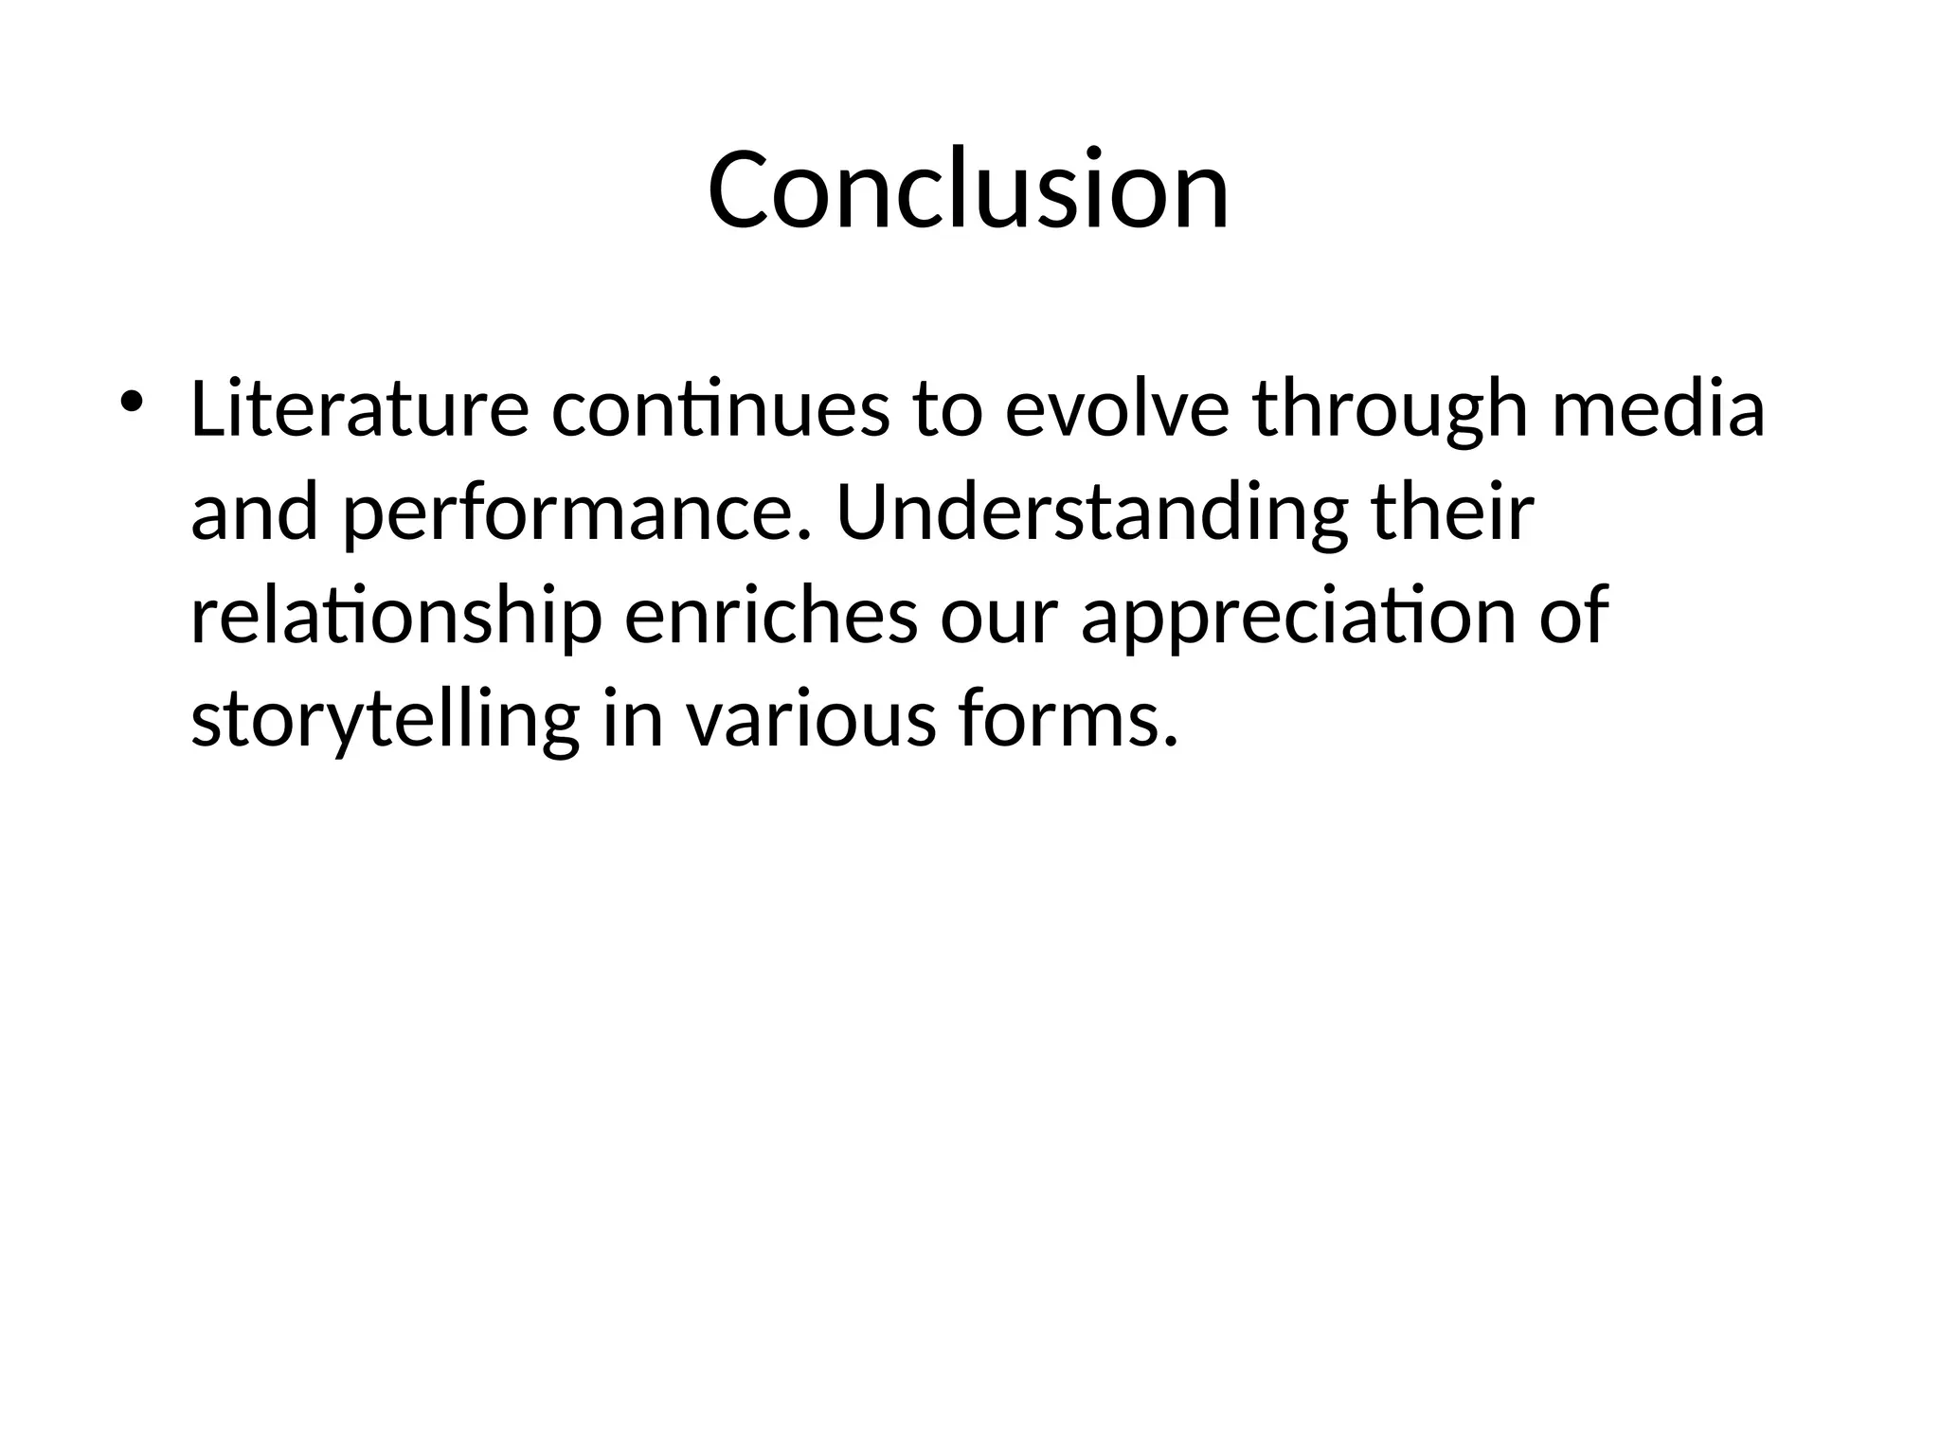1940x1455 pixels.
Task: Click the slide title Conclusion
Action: (968, 189)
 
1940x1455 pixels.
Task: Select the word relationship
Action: (396, 618)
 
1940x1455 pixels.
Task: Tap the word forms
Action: (1059, 720)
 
